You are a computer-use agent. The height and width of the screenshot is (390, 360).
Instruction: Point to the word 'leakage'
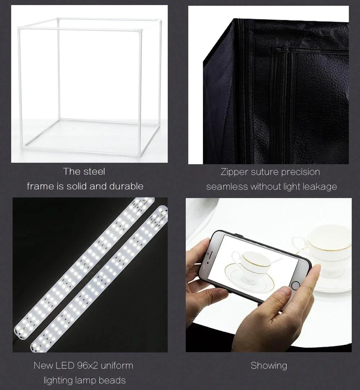pos(319,187)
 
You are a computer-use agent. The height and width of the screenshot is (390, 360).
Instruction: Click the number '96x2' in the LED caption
pos(87,366)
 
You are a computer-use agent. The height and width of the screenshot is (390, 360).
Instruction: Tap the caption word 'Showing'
pos(269,366)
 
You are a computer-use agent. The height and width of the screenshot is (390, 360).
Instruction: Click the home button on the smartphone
pos(296,285)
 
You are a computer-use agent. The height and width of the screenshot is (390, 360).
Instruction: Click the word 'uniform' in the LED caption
pos(116,366)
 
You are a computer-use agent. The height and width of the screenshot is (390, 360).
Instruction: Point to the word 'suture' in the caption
pos(265,172)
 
